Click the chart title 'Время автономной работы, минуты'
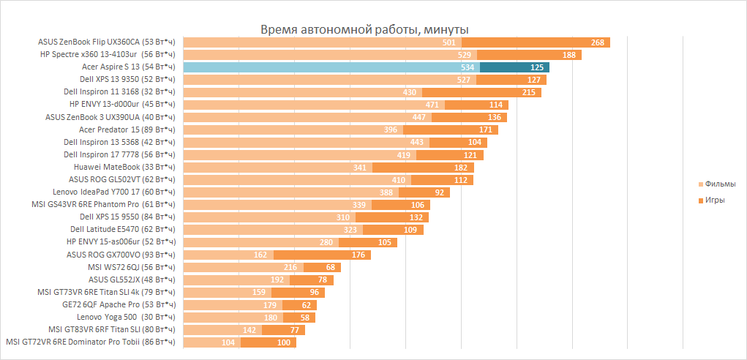pos(365,29)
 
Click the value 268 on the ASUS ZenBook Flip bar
pos(597,42)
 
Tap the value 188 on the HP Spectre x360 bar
pos(568,55)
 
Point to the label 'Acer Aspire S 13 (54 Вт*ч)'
pos(129,67)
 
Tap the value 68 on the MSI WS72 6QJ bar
pos(330,267)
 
